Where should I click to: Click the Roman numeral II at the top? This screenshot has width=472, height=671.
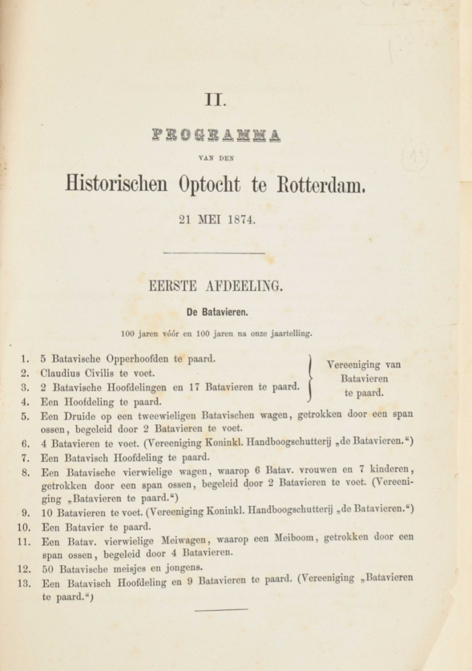[216, 101]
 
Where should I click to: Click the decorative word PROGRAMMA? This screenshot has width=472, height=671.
[216, 135]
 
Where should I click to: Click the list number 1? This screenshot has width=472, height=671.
[24, 359]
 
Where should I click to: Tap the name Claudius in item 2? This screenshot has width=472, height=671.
[63, 373]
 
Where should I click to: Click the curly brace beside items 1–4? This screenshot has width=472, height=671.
[310, 378]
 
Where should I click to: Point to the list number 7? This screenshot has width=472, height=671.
[24, 458]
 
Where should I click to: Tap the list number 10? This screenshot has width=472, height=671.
[21, 527]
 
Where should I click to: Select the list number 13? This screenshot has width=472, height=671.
[21, 582]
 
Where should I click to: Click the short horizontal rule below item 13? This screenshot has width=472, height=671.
[221, 609]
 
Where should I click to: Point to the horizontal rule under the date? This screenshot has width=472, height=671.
[215, 253]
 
